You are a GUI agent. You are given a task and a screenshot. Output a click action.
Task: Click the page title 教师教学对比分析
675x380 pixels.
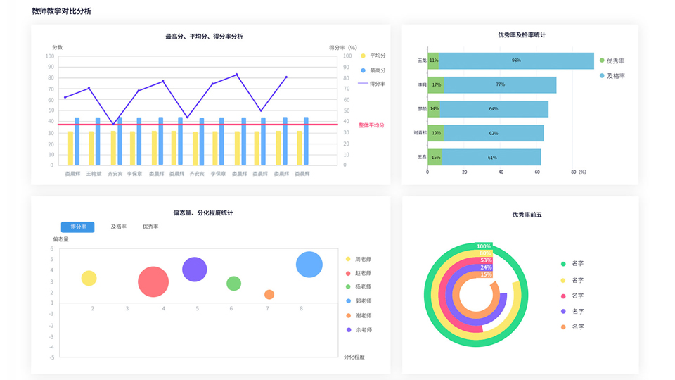pyautogui.click(x=61, y=11)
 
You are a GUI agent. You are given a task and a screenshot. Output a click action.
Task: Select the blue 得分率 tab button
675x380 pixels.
pyautogui.click(x=77, y=227)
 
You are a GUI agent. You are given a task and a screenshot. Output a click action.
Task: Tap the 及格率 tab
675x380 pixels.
pyautogui.click(x=119, y=227)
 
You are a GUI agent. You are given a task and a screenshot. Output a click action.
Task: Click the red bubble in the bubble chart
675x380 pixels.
pyautogui.click(x=153, y=282)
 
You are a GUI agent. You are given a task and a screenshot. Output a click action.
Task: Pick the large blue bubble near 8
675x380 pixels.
pyautogui.click(x=309, y=265)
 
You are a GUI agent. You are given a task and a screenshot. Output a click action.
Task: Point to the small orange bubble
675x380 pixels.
pyautogui.click(x=269, y=295)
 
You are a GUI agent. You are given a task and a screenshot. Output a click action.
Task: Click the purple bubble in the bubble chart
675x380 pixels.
pyautogui.click(x=195, y=270)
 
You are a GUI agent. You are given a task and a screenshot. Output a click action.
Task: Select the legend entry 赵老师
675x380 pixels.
pyautogui.click(x=363, y=273)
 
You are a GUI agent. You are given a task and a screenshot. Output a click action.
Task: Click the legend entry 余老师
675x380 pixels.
pyautogui.click(x=363, y=330)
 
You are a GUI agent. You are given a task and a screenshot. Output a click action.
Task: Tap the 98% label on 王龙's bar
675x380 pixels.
pyautogui.click(x=516, y=61)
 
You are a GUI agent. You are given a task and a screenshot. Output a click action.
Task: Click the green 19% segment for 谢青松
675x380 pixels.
pyautogui.click(x=436, y=133)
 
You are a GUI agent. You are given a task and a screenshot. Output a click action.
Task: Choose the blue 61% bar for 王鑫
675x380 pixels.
pyautogui.click(x=491, y=158)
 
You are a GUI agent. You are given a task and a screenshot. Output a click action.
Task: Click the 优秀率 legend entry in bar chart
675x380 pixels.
pyautogui.click(x=615, y=61)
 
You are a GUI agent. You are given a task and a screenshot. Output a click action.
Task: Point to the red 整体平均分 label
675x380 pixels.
pyautogui.click(x=371, y=125)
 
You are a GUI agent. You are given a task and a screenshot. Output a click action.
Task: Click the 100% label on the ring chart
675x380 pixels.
pyautogui.click(x=484, y=246)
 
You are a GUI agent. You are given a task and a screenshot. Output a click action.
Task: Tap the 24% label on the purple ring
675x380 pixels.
pyautogui.click(x=486, y=267)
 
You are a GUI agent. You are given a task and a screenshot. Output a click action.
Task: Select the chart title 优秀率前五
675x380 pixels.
pyautogui.click(x=527, y=215)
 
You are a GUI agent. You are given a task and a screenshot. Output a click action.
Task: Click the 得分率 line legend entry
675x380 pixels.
pyautogui.click(x=377, y=84)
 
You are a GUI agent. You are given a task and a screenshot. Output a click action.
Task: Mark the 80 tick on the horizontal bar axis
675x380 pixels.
pyautogui.click(x=574, y=172)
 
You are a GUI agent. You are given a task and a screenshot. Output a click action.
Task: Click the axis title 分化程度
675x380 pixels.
pyautogui.click(x=354, y=357)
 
